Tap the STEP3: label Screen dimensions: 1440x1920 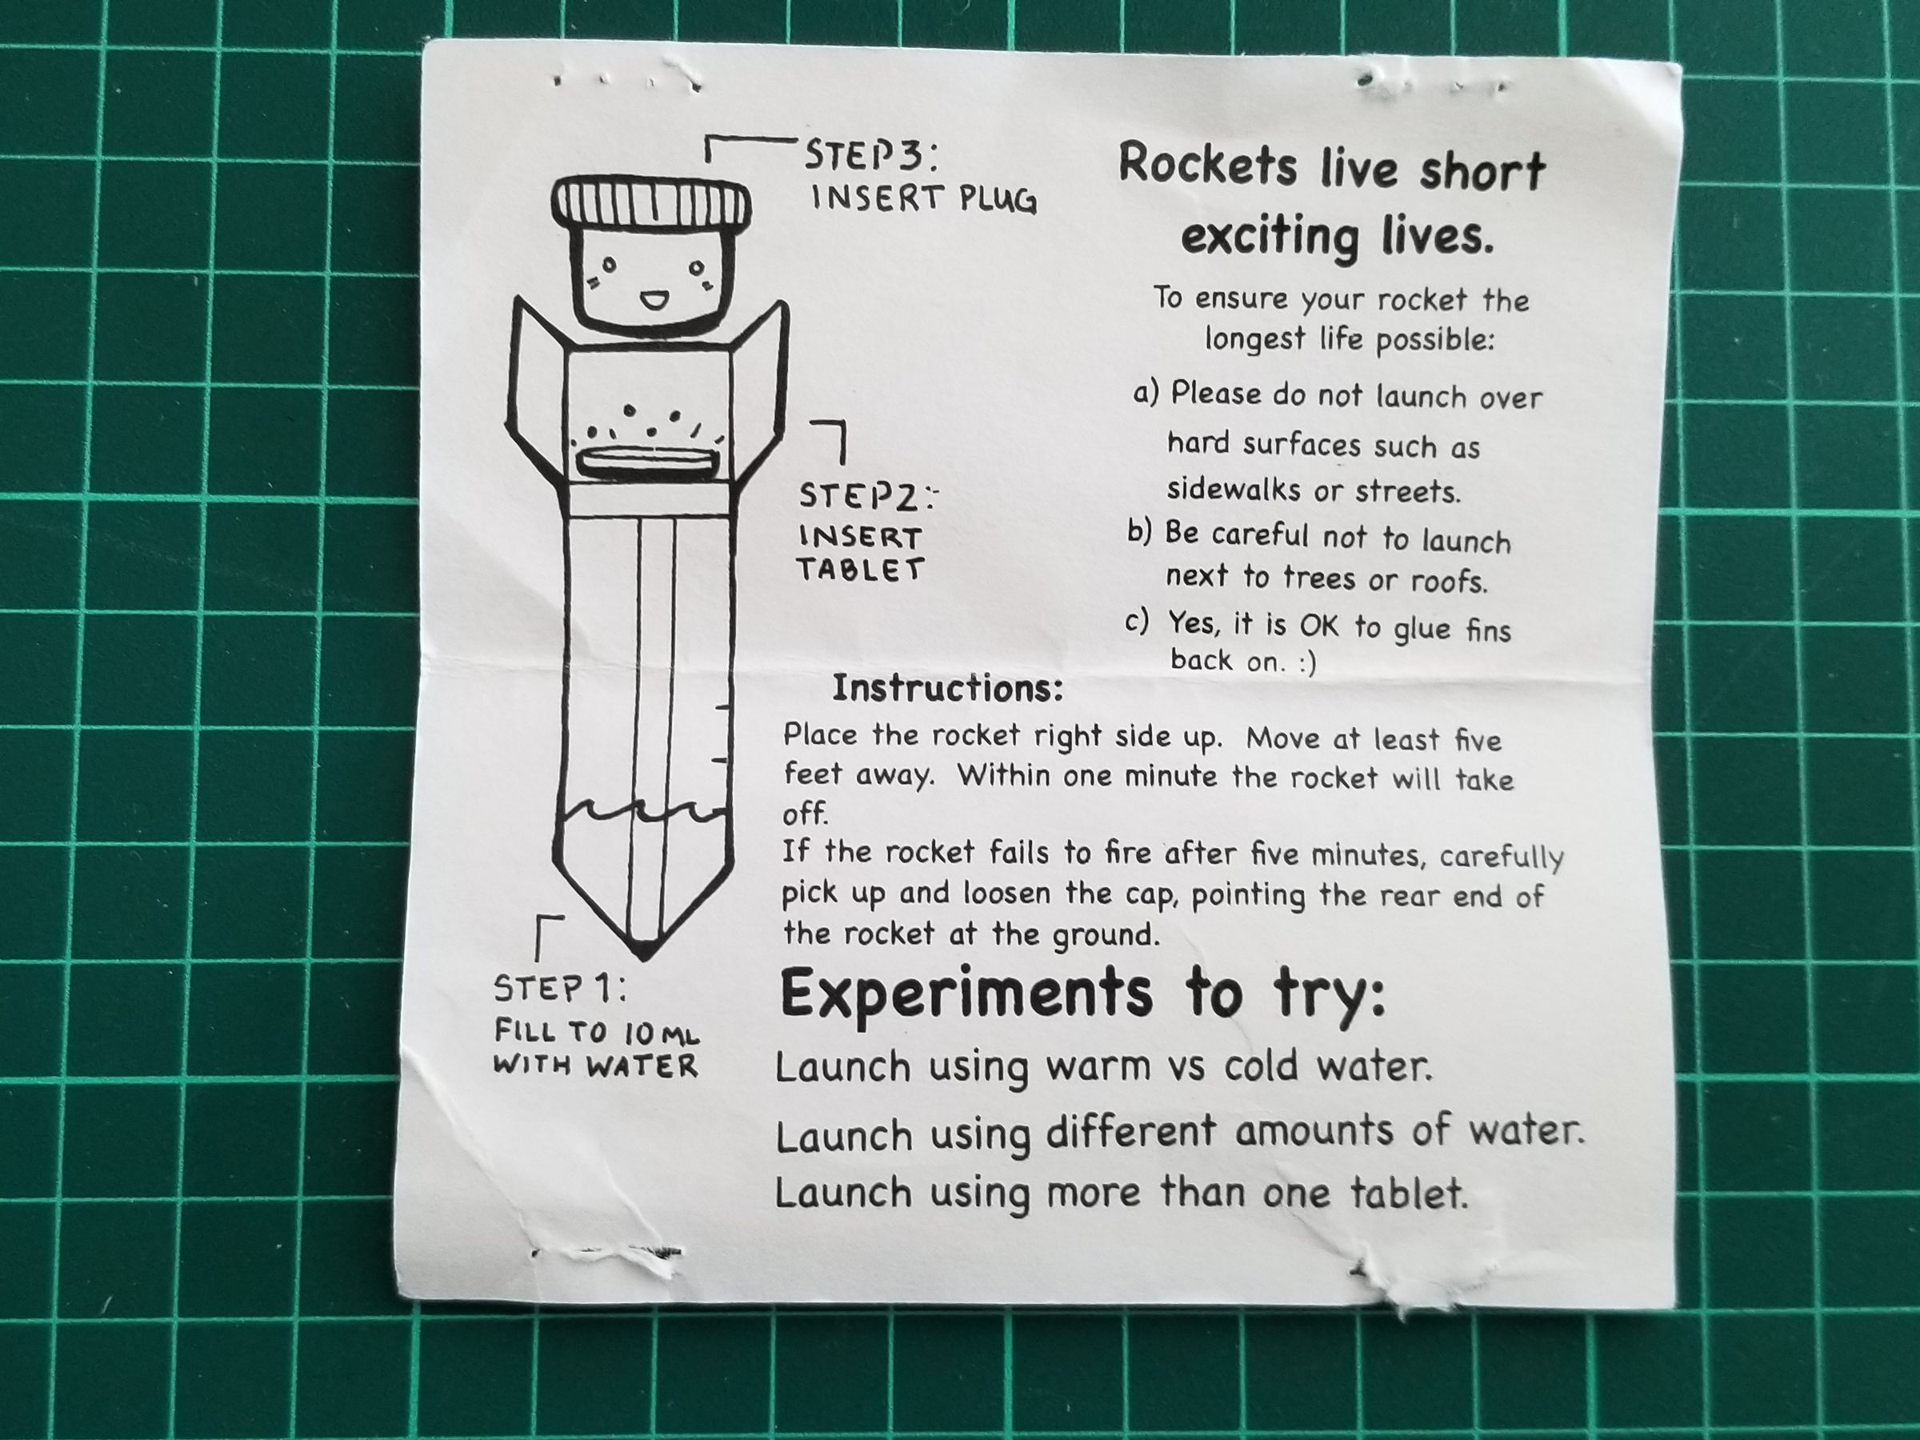tap(870, 157)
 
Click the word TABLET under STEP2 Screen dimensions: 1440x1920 tap(860, 570)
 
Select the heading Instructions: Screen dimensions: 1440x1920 tap(947, 689)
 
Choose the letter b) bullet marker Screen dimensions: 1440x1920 tap(1139, 531)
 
